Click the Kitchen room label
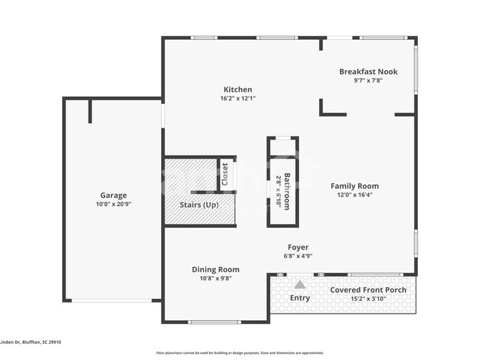tap(237, 89)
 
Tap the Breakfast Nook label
tap(368, 72)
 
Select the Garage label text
tap(113, 195)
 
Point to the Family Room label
tap(354, 186)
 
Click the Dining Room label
tap(216, 269)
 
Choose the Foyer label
tap(298, 247)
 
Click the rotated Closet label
tap(225, 174)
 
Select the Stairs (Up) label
tap(199, 204)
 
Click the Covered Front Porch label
tap(368, 290)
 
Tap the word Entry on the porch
tap(300, 298)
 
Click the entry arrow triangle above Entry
tap(299, 284)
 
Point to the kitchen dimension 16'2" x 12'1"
tap(237, 98)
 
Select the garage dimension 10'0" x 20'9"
tap(113, 204)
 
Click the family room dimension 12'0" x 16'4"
tap(354, 195)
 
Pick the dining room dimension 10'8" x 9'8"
tap(216, 278)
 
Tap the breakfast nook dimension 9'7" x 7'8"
tap(368, 80)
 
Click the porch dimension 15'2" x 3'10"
tap(368, 299)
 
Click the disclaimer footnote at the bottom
tap(239, 353)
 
